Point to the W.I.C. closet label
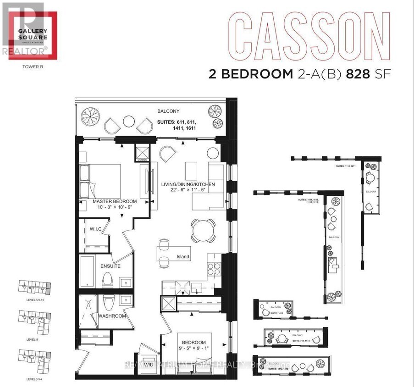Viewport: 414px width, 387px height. [95, 229]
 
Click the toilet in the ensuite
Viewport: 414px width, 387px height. [107, 279]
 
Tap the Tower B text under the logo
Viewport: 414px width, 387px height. [31, 66]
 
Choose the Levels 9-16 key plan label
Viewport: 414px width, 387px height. [34, 299]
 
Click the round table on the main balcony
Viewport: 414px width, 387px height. [129, 122]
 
